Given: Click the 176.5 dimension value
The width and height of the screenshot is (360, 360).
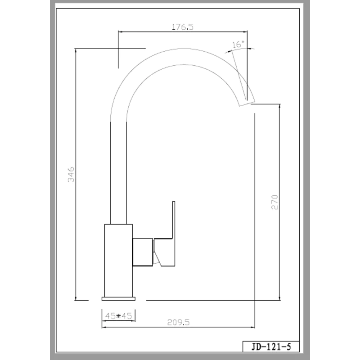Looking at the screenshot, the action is (x=183, y=27).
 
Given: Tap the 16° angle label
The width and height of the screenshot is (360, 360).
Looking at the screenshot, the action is (x=238, y=44).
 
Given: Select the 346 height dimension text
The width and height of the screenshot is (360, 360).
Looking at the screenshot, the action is (x=71, y=175).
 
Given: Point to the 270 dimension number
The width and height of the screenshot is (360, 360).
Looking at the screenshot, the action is (x=274, y=202).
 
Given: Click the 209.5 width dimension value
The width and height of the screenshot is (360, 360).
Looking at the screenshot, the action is (x=178, y=322).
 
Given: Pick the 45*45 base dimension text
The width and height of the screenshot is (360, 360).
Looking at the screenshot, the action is (x=118, y=316).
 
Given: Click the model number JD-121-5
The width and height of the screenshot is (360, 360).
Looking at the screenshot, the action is (x=271, y=346).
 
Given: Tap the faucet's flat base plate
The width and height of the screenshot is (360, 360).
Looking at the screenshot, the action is (x=118, y=299).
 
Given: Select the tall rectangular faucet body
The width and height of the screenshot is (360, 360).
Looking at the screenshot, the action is (x=118, y=261).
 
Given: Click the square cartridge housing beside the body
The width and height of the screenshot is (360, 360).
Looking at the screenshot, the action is (x=143, y=252).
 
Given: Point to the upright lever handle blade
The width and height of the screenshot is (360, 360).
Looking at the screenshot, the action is (x=174, y=220).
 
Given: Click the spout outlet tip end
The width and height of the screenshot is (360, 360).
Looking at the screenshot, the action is (x=247, y=103).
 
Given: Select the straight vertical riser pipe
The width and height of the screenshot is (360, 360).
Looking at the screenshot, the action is (x=118, y=173).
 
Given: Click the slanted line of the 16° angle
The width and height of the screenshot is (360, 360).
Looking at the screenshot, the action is (x=239, y=75).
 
